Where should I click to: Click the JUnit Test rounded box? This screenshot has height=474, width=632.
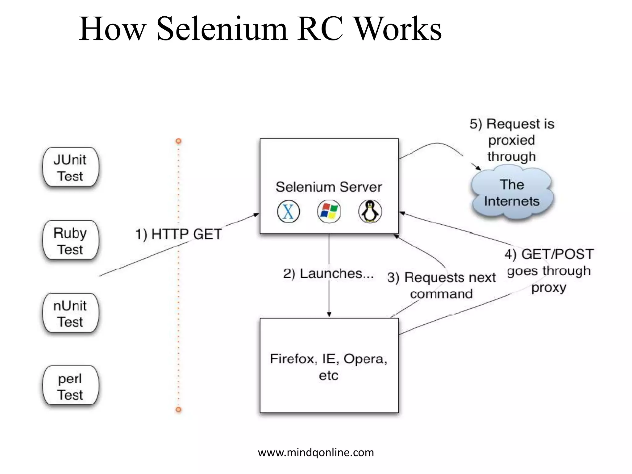pyautogui.click(x=71, y=167)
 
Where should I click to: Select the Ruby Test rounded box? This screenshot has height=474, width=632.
pyautogui.click(x=71, y=240)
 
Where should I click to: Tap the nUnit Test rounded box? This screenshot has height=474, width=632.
pyautogui.click(x=71, y=313)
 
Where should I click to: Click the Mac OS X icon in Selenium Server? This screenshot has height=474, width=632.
pyautogui.click(x=288, y=212)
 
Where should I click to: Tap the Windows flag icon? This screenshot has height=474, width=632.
pyautogui.click(x=329, y=212)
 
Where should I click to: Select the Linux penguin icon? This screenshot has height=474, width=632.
pyautogui.click(x=370, y=212)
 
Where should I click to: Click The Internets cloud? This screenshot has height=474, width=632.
pyautogui.click(x=512, y=193)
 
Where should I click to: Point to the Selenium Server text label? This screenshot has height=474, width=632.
pyautogui.click(x=329, y=187)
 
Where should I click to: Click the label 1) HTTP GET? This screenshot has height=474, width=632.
pyautogui.click(x=179, y=234)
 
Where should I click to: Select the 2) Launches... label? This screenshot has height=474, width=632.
pyautogui.click(x=328, y=274)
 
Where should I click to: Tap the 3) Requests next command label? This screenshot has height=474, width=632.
pyautogui.click(x=441, y=285)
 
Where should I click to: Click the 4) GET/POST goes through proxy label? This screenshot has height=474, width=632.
pyautogui.click(x=549, y=271)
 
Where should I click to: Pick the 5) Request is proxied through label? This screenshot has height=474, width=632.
pyautogui.click(x=512, y=140)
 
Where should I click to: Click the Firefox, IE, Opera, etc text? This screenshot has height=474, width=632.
pyautogui.click(x=329, y=367)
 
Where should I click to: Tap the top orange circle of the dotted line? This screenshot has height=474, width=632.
pyautogui.click(x=178, y=141)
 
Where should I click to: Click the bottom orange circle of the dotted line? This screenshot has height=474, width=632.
pyautogui.click(x=178, y=410)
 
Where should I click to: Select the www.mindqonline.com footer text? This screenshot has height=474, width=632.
pyautogui.click(x=316, y=452)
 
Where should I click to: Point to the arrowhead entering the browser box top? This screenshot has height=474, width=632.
pyautogui.click(x=329, y=315)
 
